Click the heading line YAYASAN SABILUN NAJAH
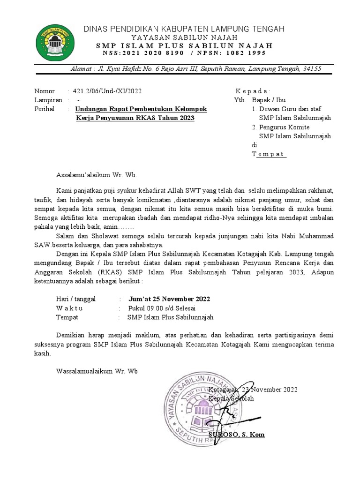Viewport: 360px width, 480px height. coord(184,37)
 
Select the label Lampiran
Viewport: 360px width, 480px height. coord(48,100)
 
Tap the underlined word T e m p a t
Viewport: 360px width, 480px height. coord(269,154)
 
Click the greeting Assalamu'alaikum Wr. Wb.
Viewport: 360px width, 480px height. coord(96,175)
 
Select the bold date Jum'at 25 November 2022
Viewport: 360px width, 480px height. coord(169,299)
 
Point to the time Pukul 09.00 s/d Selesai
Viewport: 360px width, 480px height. coord(162,308)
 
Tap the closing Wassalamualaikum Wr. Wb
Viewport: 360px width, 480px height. coord(97,371)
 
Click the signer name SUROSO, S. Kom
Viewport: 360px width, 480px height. coord(236,435)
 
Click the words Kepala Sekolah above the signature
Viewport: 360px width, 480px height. coord(231,398)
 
